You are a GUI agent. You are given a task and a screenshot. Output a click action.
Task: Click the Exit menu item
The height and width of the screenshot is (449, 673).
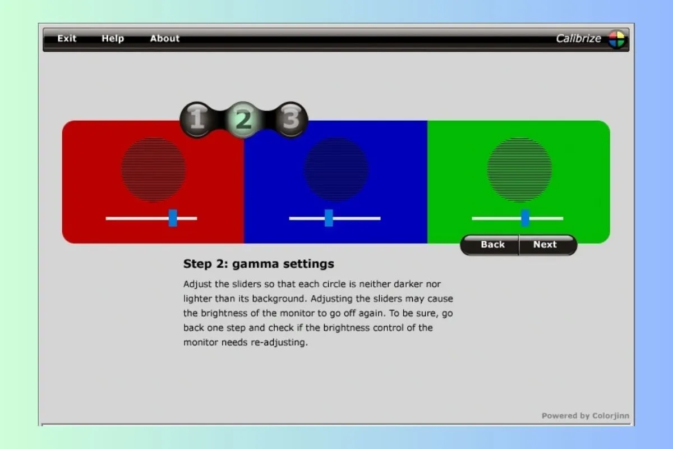67,38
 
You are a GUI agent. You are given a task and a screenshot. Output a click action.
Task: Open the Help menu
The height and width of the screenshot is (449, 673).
113,39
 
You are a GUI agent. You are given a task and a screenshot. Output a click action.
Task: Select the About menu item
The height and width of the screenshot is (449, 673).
165,38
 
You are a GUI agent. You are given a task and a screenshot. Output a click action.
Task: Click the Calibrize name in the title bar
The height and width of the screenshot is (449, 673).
578,39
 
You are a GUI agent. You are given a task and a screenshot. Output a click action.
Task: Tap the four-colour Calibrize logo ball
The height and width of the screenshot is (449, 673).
616,39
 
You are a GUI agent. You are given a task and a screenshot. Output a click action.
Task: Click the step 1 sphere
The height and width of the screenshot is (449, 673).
197,120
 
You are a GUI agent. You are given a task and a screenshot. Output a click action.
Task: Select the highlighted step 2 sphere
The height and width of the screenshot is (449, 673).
243,120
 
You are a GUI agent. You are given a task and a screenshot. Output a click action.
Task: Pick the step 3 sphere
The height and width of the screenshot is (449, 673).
291,120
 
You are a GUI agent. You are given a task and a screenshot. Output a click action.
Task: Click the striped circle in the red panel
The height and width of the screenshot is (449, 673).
154,170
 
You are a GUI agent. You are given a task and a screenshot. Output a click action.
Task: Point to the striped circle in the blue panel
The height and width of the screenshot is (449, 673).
336,170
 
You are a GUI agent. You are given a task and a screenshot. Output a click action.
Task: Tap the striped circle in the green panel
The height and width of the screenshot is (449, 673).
519,170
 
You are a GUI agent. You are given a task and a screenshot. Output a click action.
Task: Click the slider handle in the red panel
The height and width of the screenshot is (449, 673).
173,218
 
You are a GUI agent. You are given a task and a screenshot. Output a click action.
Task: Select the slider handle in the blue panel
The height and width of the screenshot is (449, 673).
329,218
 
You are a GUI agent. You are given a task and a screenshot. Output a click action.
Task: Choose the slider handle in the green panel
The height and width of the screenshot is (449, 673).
525,218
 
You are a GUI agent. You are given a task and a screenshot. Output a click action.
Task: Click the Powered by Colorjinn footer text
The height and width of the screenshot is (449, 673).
586,416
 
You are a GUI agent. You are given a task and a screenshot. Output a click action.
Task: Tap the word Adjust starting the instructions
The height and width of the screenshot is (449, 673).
197,284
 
